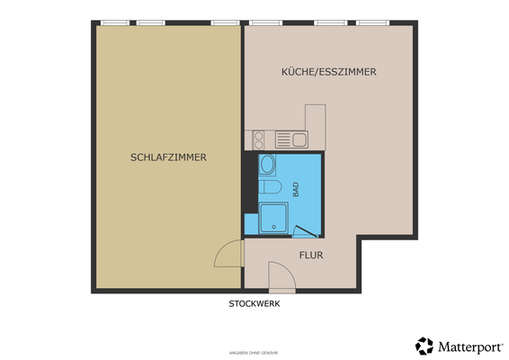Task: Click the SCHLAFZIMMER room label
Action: pyautogui.click(x=169, y=157)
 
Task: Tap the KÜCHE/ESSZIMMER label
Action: pyautogui.click(x=328, y=72)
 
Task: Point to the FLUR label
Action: pyautogui.click(x=310, y=256)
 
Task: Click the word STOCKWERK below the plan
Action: pyautogui.click(x=254, y=304)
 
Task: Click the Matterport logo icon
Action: pyautogui.click(x=424, y=346)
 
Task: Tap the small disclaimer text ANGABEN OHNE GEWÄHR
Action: pyautogui.click(x=254, y=352)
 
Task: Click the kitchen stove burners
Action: pyautogui.click(x=259, y=139)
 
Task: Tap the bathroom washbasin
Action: pyautogui.click(x=267, y=165)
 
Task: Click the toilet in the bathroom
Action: pyautogui.click(x=272, y=188)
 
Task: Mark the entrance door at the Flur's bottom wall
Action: pyautogui.click(x=282, y=290)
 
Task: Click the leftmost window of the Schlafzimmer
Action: pyautogui.click(x=113, y=22)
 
